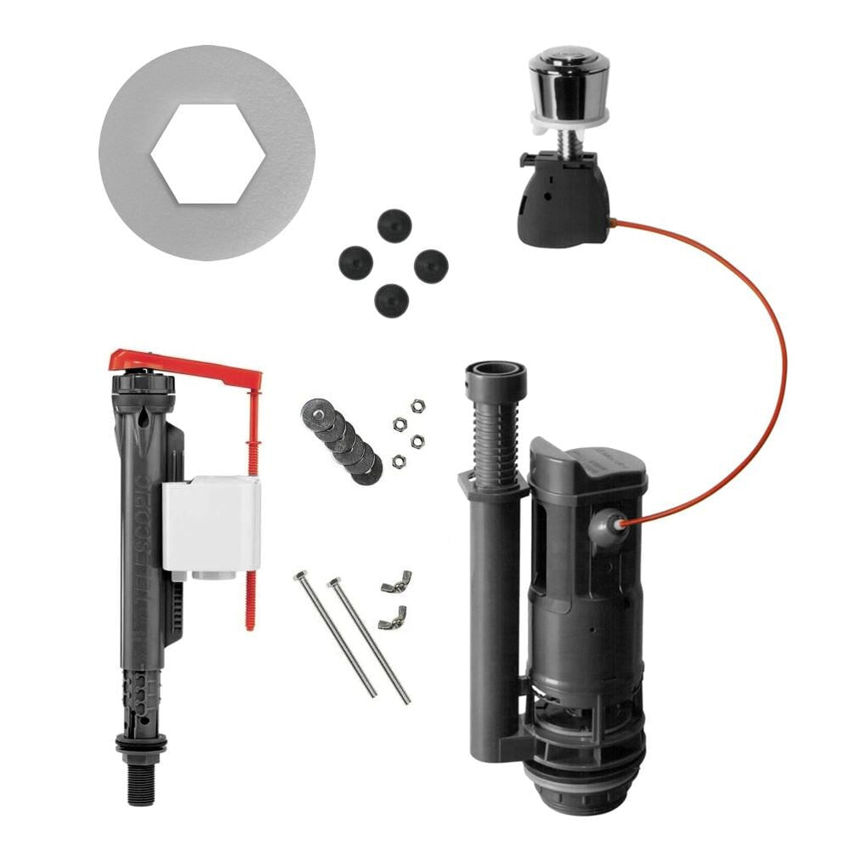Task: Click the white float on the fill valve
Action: click(x=212, y=523)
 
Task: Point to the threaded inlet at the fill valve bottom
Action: click(x=141, y=782)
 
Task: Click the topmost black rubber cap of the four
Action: click(x=394, y=226)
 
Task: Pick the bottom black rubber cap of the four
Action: click(x=391, y=300)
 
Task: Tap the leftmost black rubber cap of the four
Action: click(x=355, y=262)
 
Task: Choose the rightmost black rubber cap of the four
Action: click(x=431, y=266)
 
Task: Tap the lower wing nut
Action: click(x=392, y=618)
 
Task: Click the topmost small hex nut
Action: click(x=417, y=406)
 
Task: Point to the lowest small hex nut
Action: click(x=398, y=461)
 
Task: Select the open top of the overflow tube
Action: click(x=496, y=371)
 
